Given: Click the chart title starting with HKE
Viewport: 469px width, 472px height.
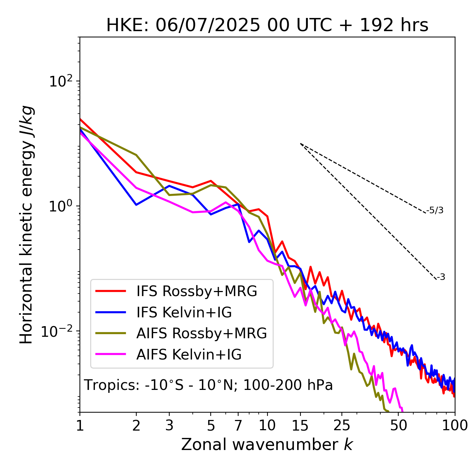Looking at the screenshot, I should pyautogui.click(x=267, y=26).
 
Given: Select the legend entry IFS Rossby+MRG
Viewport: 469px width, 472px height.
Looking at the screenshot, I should pyautogui.click(x=196, y=291).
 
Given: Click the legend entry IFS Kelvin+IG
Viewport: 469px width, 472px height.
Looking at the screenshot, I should pyautogui.click(x=184, y=313).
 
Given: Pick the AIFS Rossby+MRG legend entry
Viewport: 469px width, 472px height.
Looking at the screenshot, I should pyautogui.click(x=202, y=333).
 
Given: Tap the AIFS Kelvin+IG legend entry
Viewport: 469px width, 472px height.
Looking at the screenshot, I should pyautogui.click(x=189, y=355).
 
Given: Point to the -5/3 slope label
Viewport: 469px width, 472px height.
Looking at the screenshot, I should pyautogui.click(x=435, y=211).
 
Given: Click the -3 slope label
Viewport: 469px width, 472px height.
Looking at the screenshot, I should pyautogui.click(x=441, y=277).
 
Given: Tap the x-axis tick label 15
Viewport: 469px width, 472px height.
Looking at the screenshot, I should pyautogui.click(x=300, y=426).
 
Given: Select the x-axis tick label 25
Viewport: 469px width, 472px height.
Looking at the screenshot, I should pyautogui.click(x=342, y=426).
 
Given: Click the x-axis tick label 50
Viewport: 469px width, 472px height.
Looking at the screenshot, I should pyautogui.click(x=398, y=426).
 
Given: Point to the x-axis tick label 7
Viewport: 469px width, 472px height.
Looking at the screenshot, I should pyautogui.click(x=238, y=426).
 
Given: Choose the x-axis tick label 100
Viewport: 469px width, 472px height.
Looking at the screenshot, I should pyautogui.click(x=454, y=426).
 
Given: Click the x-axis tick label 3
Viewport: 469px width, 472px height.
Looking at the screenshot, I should pyautogui.click(x=169, y=426).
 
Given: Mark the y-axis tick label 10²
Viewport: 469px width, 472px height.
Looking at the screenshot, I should pyautogui.click(x=61, y=81).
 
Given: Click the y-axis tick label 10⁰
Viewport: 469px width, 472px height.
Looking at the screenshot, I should pyautogui.click(x=61, y=206).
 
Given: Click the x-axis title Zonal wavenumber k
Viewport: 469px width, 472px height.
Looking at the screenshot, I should pyautogui.click(x=267, y=445).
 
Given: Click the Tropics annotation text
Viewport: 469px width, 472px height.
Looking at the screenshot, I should pyautogui.click(x=208, y=386).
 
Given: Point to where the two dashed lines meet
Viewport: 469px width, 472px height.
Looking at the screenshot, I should pyautogui.click(x=300, y=144).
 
